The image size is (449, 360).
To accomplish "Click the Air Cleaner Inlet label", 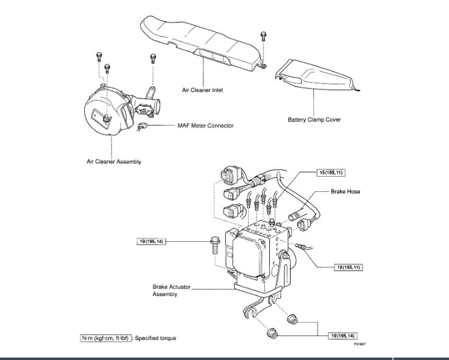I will click(x=203, y=90).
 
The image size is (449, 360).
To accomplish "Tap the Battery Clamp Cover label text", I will click(x=314, y=119).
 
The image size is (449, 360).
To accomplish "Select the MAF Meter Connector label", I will click(x=205, y=125).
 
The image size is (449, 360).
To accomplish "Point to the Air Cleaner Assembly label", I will click(x=113, y=161).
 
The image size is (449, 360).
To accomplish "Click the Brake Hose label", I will click(x=345, y=191).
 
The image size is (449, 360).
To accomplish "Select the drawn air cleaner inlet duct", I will click(x=201, y=43).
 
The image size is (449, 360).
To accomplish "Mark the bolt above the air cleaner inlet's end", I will click(x=262, y=35).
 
